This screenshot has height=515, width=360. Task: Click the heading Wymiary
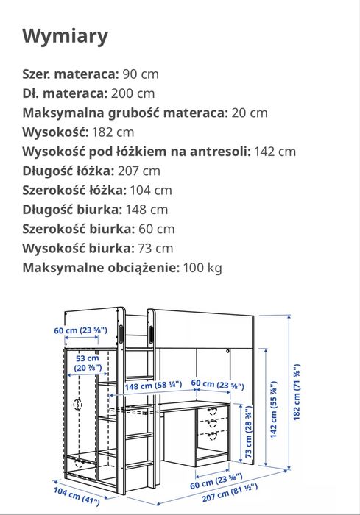tap(66, 36)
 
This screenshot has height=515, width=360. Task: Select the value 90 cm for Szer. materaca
tap(140, 74)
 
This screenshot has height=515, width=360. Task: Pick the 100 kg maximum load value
tap(202, 267)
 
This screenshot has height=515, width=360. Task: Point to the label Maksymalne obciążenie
tap(101, 267)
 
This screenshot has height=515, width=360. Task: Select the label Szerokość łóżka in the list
tap(77, 190)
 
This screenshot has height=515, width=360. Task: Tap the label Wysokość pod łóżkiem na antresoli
tap(137, 152)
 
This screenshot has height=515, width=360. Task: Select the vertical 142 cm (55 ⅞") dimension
tap(273, 419)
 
